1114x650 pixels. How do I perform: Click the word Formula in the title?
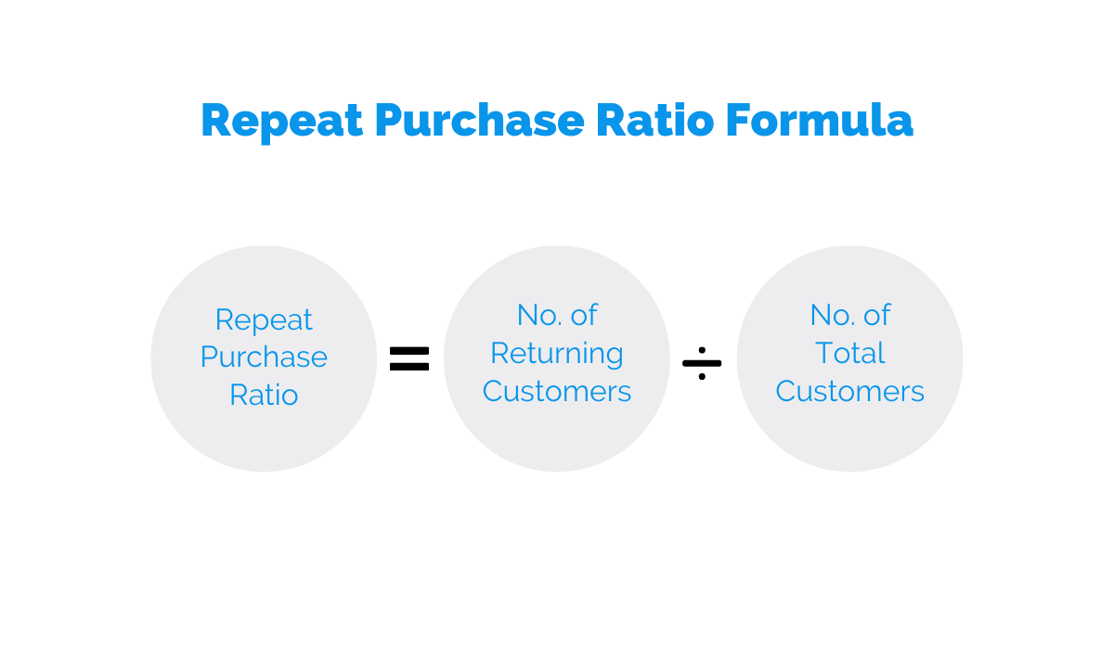pyautogui.click(x=819, y=120)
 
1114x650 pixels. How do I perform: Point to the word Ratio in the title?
pyautogui.click(x=655, y=120)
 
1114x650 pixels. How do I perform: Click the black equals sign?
pyautogui.click(x=409, y=359)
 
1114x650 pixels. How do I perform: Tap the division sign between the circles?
pyautogui.click(x=702, y=363)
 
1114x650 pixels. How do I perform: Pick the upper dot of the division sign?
pyautogui.click(x=702, y=350)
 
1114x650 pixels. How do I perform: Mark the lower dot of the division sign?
pyautogui.click(x=702, y=376)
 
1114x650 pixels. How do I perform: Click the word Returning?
pyautogui.click(x=557, y=355)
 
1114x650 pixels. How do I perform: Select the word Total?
pyautogui.click(x=850, y=353)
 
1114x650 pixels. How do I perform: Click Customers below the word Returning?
pyautogui.click(x=557, y=391)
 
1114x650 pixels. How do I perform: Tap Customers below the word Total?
pyautogui.click(x=850, y=391)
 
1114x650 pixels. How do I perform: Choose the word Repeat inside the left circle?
pyautogui.click(x=264, y=320)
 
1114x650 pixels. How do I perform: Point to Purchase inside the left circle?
pyautogui.click(x=264, y=357)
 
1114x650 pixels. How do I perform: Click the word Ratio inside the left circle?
pyautogui.click(x=264, y=395)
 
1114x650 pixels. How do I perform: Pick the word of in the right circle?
pyautogui.click(x=876, y=315)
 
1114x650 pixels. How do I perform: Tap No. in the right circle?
pyautogui.click(x=832, y=315)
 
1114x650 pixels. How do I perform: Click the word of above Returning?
pyautogui.click(x=584, y=315)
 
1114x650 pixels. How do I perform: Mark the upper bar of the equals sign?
pyautogui.click(x=409, y=351)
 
